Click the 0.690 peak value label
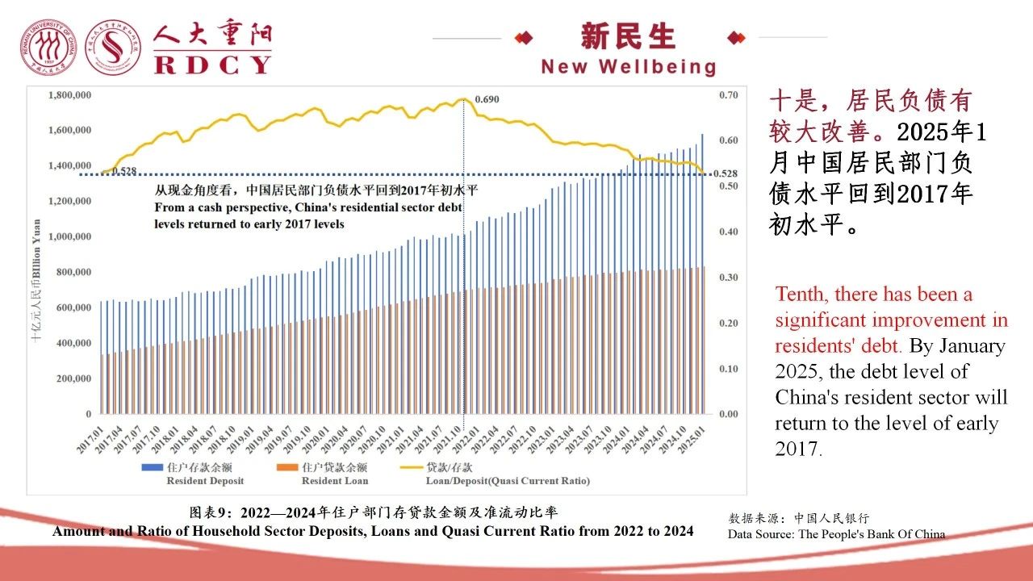pos(487,99)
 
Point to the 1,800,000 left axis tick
pos(69,95)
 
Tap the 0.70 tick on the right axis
pos(728,95)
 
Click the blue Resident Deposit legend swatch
pos(151,467)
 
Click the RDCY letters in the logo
pos(213,64)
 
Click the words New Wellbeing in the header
pos(629,67)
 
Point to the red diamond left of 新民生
pos(524,37)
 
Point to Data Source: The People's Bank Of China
pos(836,534)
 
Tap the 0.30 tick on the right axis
pos(728,278)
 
